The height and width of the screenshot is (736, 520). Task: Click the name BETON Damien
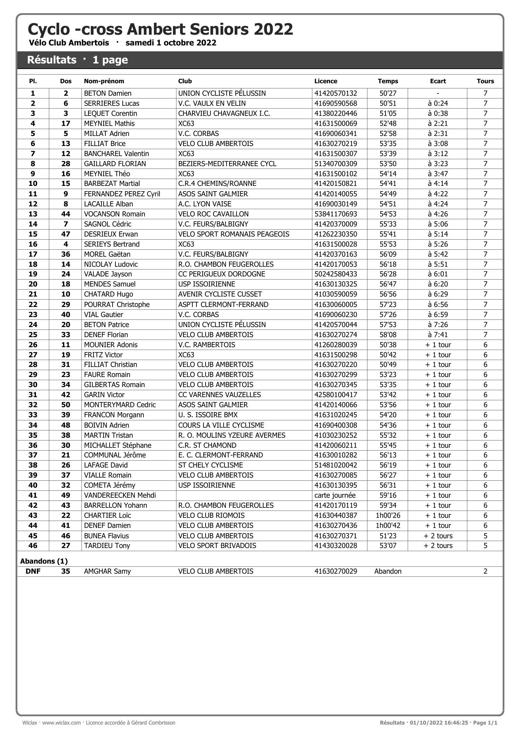point(107,93)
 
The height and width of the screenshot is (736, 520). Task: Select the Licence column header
point(326,81)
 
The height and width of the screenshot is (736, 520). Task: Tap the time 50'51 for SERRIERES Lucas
point(388,103)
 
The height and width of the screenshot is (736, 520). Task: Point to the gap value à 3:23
point(438,164)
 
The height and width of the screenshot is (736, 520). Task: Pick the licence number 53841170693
point(336,214)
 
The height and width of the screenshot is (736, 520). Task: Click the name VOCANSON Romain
point(114,214)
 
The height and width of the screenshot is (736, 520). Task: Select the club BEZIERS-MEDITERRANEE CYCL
point(227,164)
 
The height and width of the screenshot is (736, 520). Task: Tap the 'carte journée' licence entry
point(335,495)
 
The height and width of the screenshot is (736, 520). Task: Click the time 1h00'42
point(388,525)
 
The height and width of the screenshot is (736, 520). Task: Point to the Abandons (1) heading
point(44,561)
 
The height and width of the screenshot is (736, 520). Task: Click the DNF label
point(33,571)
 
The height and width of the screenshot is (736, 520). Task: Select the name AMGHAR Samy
point(107,571)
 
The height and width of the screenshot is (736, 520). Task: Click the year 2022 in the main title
point(274,29)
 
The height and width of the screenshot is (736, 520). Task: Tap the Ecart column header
point(438,81)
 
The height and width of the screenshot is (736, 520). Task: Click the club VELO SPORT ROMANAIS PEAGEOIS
point(234,234)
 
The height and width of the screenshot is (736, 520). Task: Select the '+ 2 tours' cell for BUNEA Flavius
point(438,536)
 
